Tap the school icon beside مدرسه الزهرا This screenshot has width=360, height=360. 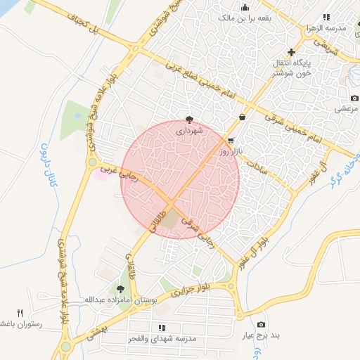pos(326,18)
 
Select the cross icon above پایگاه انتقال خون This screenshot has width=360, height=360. pos(292,53)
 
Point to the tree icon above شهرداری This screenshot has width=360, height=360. pos(189,119)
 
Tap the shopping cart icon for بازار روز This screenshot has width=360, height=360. pos(231,141)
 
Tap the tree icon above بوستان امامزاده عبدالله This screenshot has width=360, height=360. pos(120,288)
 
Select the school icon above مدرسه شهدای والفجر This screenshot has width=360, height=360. pos(162,328)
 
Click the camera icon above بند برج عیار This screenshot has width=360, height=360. pos(262,324)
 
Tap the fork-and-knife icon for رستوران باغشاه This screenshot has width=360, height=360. pos(20,313)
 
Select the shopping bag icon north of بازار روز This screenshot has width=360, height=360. pos(243,117)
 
